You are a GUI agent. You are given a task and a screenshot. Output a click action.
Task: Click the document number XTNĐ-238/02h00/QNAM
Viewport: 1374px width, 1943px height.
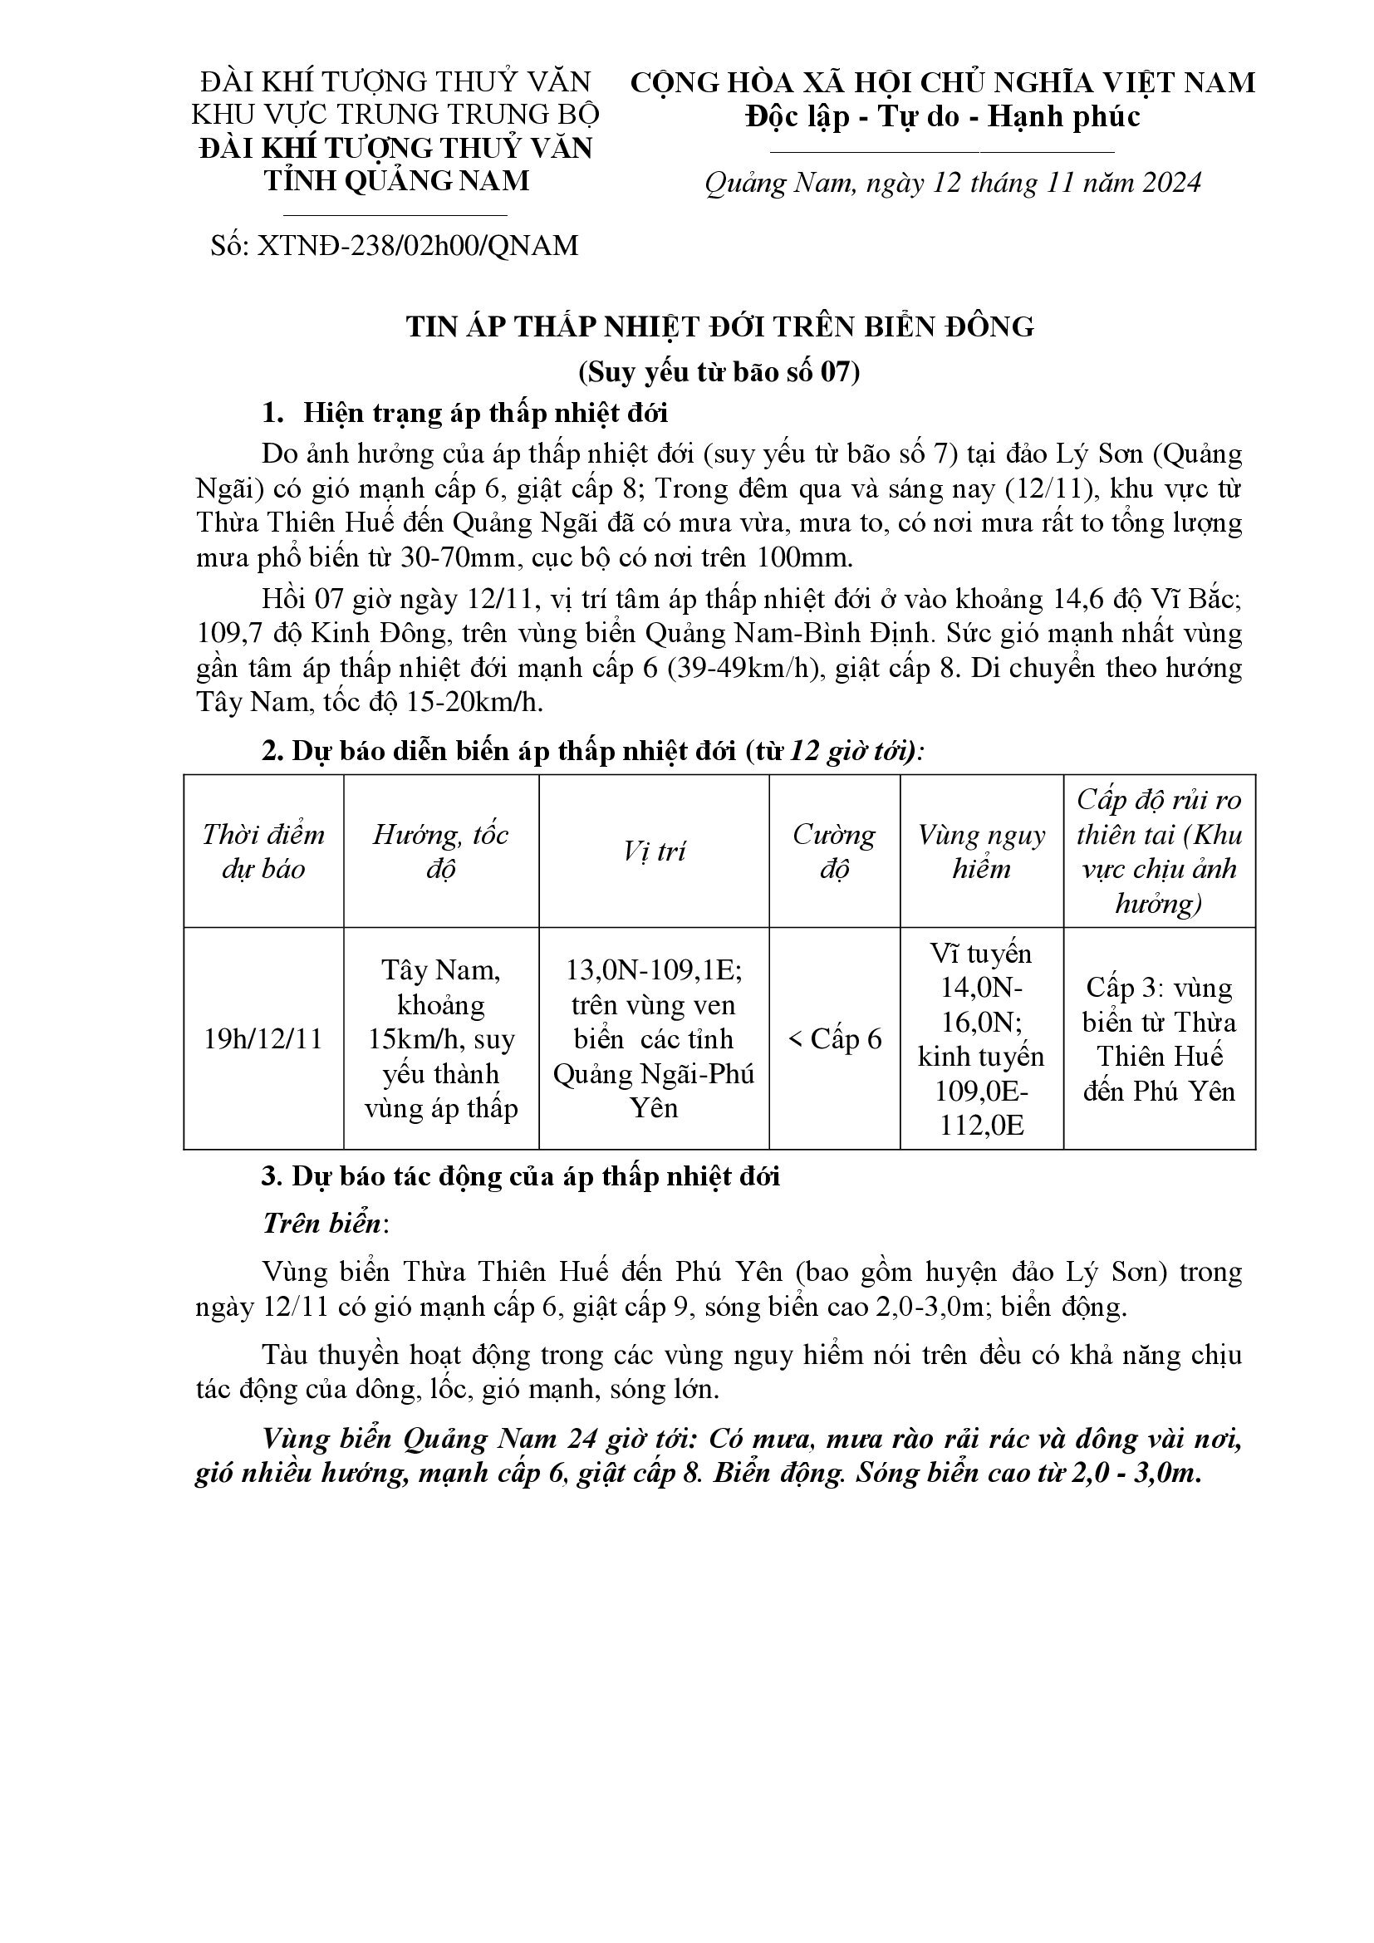click(395, 245)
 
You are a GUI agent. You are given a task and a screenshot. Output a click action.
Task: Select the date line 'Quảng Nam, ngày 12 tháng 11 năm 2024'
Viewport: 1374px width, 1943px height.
click(953, 184)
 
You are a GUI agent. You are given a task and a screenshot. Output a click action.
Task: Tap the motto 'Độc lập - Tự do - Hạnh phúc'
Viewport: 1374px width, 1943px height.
click(943, 117)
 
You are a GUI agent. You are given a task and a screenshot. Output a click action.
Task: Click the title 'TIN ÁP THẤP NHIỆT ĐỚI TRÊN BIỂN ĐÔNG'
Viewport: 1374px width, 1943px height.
click(720, 326)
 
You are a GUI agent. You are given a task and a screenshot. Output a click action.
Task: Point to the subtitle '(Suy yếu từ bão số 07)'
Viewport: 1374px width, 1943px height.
click(719, 371)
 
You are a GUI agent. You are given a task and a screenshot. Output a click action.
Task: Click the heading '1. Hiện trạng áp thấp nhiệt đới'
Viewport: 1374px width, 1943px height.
click(465, 414)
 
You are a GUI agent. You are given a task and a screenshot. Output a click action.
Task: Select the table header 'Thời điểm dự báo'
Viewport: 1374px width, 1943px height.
click(263, 851)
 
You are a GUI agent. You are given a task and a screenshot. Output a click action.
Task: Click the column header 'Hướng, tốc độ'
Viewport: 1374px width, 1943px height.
click(441, 851)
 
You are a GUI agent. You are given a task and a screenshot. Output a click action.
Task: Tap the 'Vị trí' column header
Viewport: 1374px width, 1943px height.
click(654, 851)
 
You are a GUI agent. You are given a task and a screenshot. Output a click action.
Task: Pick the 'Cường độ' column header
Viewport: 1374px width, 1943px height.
click(834, 851)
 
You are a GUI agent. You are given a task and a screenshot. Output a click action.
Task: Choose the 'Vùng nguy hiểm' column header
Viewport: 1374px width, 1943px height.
click(981, 851)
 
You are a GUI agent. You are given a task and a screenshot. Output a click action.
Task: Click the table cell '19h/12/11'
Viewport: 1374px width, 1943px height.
click(263, 1039)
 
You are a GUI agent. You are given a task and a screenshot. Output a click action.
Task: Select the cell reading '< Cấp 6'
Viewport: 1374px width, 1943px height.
click(834, 1039)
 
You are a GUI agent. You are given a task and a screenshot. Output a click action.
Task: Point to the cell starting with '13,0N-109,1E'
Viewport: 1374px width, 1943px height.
click(654, 1039)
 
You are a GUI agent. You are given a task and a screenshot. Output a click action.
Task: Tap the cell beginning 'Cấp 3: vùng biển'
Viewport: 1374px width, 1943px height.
click(1159, 1039)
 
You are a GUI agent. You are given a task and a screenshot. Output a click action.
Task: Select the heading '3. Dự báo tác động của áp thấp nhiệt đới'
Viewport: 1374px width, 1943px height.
click(520, 1177)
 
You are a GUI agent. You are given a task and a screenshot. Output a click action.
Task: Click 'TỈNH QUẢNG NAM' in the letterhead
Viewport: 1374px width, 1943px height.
click(397, 181)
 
